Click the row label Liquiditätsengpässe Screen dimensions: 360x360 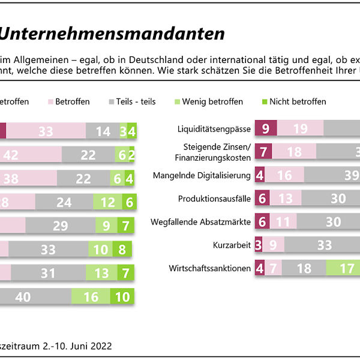click(214, 129)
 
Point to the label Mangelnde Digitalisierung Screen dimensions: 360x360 click(209, 175)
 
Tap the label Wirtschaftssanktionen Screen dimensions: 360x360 click(211, 268)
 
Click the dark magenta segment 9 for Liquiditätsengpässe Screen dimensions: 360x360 click(266, 129)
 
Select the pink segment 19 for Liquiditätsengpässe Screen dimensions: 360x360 click(301, 129)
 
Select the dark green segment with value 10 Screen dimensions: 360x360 click(122, 296)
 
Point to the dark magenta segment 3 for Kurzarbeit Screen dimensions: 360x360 click(258, 245)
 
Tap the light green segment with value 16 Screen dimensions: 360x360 click(91, 296)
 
